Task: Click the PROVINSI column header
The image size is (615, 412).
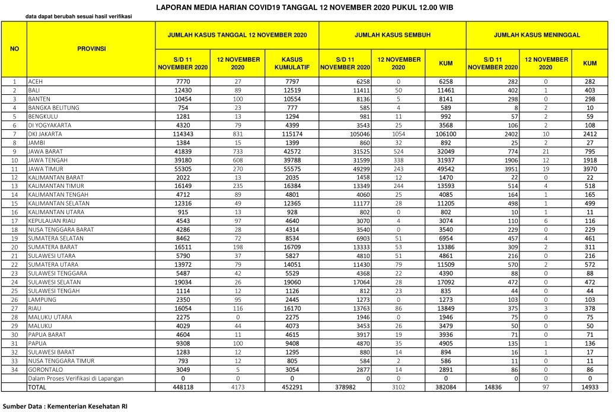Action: pyautogui.click(x=91, y=49)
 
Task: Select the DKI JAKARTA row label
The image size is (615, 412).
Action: pyautogui.click(x=45, y=135)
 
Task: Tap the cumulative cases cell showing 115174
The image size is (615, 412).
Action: pyautogui.click(x=292, y=135)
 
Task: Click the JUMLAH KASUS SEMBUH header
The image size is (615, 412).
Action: pyautogui.click(x=393, y=35)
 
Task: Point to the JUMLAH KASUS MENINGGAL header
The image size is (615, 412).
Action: pyautogui.click(x=537, y=35)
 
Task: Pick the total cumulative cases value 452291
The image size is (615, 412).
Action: pyautogui.click(x=292, y=387)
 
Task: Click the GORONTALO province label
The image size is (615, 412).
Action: pyautogui.click(x=44, y=368)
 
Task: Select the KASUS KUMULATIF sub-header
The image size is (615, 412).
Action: pyautogui.click(x=292, y=63)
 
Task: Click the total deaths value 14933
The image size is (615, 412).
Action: pyautogui.click(x=589, y=387)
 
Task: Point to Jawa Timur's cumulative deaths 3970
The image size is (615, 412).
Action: pyautogui.click(x=589, y=169)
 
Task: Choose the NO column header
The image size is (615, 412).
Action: pyautogui.click(x=15, y=49)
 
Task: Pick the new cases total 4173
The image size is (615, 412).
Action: pyautogui.click(x=238, y=387)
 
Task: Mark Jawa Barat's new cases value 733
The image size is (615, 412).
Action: pyautogui.click(x=238, y=152)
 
